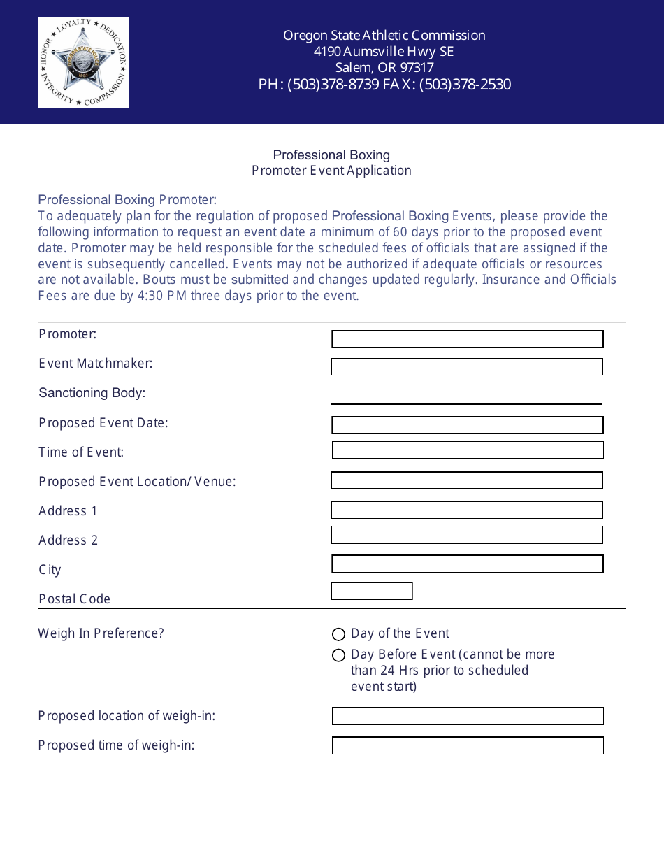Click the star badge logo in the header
click(83, 62)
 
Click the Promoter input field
click(467, 339)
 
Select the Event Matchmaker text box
click(466, 366)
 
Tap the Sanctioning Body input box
click(466, 396)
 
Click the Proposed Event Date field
click(467, 425)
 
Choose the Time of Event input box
click(468, 450)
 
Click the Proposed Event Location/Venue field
click(466, 480)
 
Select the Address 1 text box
click(467, 510)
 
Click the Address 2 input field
click(467, 535)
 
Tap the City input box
click(467, 564)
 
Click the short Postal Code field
click(371, 591)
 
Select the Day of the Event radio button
click(339, 634)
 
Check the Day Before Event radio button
click(339, 655)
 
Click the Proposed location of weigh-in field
click(468, 716)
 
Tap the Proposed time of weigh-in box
click(468, 745)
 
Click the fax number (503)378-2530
click(465, 85)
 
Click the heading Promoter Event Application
click(331, 171)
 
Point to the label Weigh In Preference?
click(101, 633)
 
